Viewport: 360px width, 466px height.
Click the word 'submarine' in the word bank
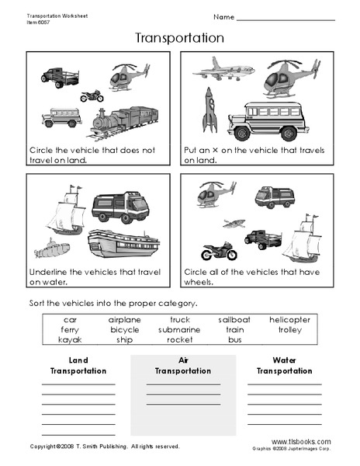(179, 329)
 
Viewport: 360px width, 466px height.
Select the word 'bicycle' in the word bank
(124, 329)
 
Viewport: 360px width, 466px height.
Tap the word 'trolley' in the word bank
(289, 329)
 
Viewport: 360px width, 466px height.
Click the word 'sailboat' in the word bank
(234, 319)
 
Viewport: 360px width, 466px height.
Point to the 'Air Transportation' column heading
(183, 366)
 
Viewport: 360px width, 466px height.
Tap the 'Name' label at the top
(223, 16)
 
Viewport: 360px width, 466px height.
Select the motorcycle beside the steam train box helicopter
(92, 96)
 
